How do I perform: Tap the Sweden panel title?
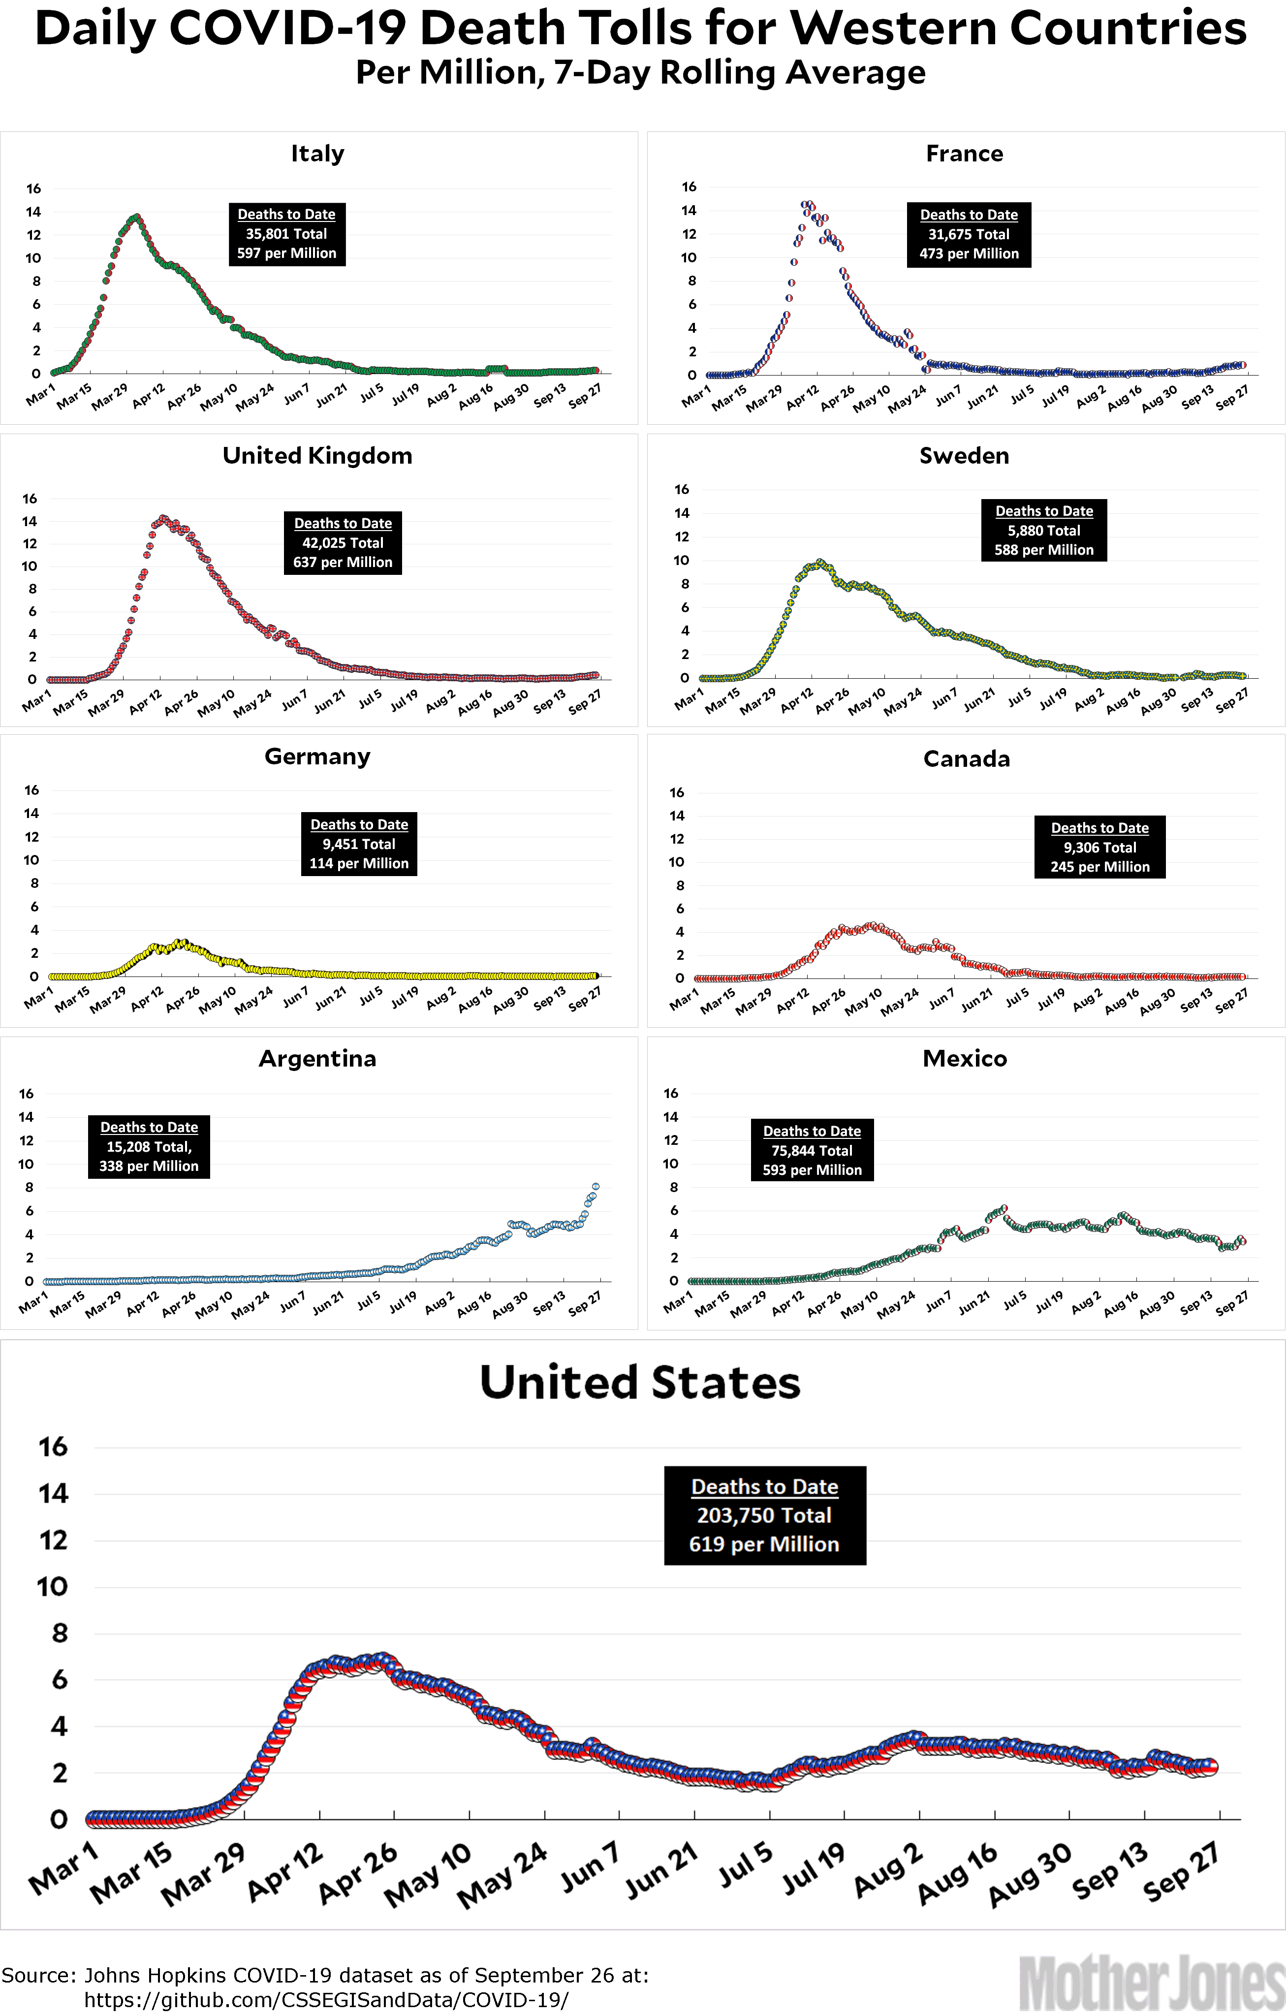(x=964, y=456)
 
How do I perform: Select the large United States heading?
(x=640, y=1383)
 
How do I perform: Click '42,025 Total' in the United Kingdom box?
(x=343, y=543)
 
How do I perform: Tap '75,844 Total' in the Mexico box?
(x=812, y=1151)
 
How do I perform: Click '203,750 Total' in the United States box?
(x=764, y=1515)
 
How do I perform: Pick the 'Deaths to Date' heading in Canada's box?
(x=1099, y=827)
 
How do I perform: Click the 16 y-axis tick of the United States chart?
(x=53, y=1447)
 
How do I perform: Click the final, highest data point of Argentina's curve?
(x=596, y=1187)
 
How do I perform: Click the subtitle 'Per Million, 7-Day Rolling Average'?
(x=640, y=73)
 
